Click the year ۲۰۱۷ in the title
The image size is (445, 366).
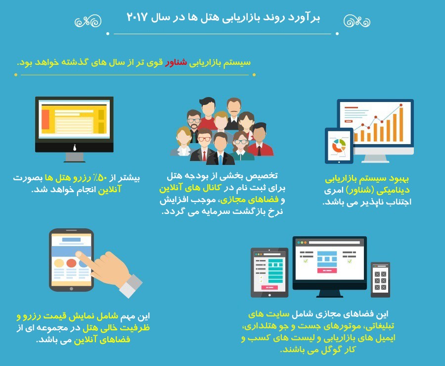[x=137, y=17]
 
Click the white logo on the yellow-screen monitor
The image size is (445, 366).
[x=75, y=148]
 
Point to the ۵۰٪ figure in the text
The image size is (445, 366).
[x=102, y=178]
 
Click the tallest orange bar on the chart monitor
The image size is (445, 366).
[x=401, y=124]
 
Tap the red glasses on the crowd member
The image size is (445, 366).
[x=204, y=139]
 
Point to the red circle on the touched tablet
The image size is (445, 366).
[x=71, y=263]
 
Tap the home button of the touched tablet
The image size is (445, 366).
[x=71, y=289]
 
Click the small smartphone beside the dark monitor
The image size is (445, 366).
[x=380, y=280]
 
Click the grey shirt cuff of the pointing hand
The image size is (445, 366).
[x=131, y=285]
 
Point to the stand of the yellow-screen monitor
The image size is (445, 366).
[x=74, y=157]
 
